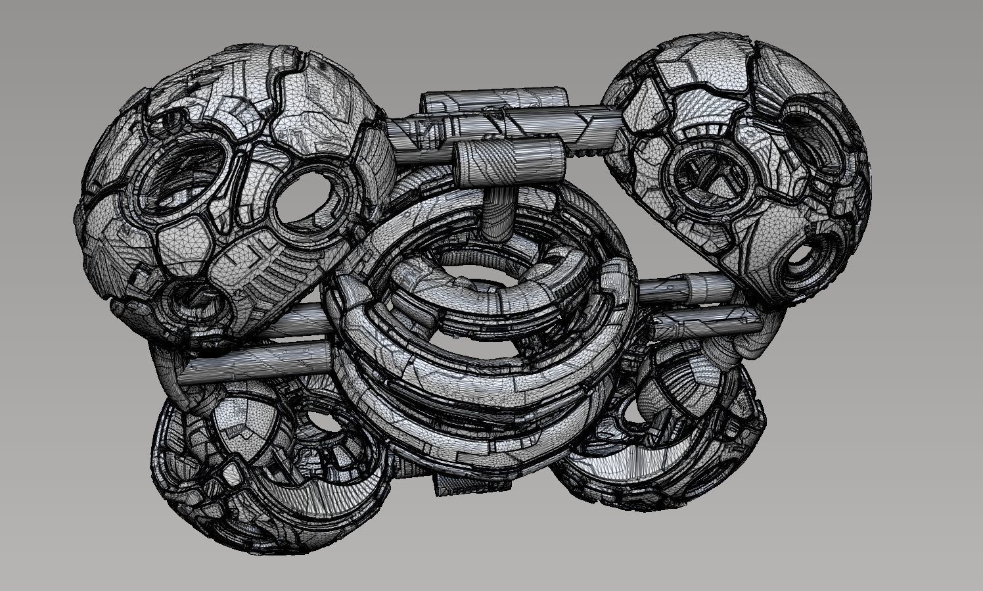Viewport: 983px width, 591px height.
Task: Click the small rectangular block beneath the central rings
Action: (469, 484)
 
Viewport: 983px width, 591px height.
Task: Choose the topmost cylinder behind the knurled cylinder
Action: (493, 99)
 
